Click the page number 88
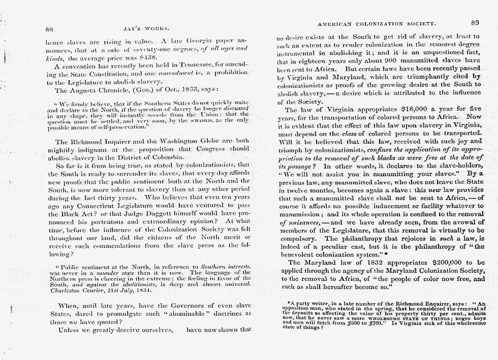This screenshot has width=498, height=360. (49, 28)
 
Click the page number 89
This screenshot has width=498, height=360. (475, 23)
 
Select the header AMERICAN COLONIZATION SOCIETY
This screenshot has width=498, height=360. (377, 23)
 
